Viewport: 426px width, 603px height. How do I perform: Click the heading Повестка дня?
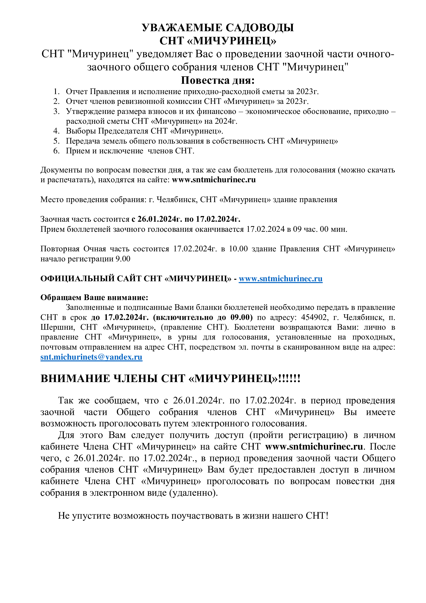click(x=218, y=80)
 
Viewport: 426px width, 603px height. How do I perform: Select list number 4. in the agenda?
click(x=56, y=131)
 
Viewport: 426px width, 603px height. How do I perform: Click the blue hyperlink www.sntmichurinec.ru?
click(x=280, y=279)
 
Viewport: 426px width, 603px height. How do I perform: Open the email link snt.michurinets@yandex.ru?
click(x=91, y=357)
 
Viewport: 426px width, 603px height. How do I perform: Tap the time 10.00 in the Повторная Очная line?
click(x=238, y=249)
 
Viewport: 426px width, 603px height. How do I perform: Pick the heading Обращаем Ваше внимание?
click(x=94, y=297)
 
